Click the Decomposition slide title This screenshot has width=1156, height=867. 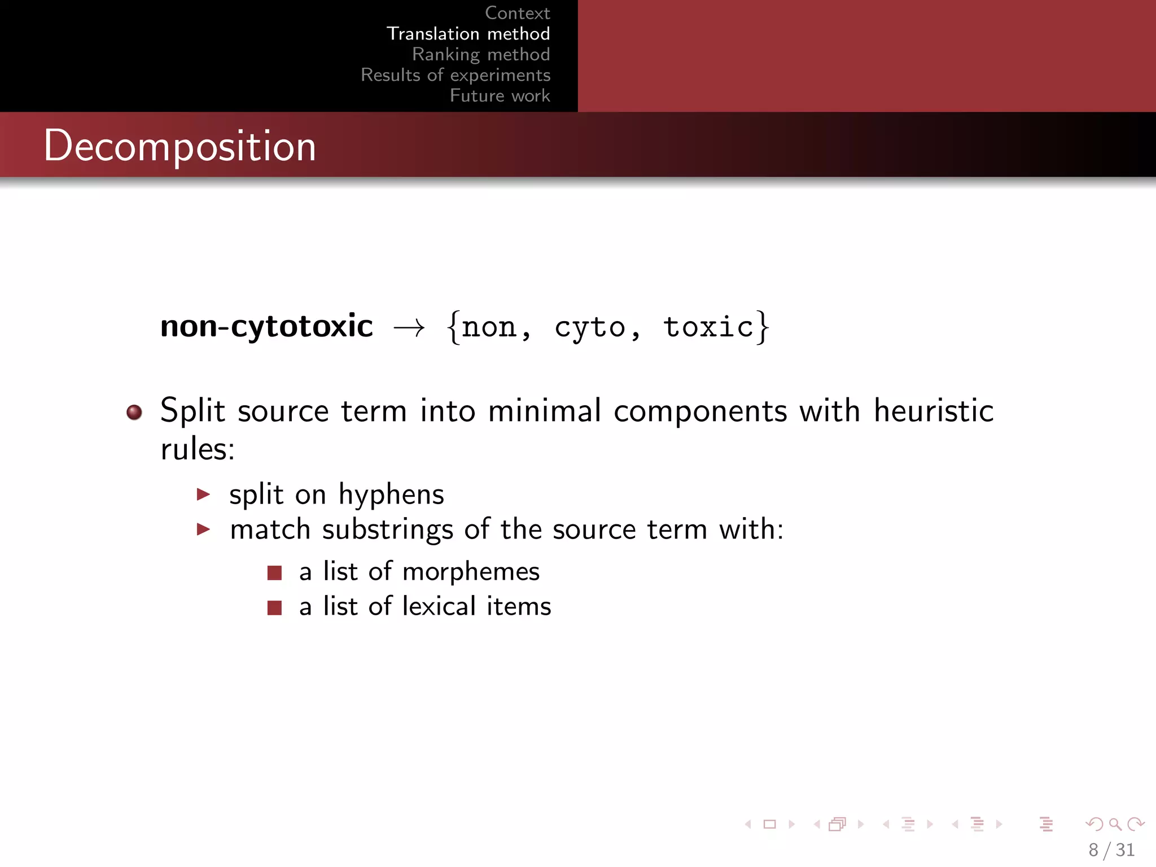click(179, 146)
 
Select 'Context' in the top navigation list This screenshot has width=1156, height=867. click(517, 13)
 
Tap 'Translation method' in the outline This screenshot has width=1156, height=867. click(468, 34)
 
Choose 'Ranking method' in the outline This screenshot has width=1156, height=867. click(481, 54)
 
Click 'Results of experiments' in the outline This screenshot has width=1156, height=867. click(456, 75)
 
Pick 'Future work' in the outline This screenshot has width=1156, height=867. click(500, 95)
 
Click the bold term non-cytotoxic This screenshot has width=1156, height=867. click(266, 326)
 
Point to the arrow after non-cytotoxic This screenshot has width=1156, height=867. click(409, 328)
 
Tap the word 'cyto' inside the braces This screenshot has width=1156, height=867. click(590, 327)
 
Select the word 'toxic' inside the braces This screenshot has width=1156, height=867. click(708, 327)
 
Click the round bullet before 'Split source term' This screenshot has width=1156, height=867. click(134, 412)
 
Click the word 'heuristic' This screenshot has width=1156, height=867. click(933, 410)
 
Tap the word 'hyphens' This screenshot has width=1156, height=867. click(391, 495)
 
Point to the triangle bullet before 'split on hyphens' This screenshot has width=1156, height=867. click(203, 494)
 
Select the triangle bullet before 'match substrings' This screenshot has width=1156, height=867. click(203, 529)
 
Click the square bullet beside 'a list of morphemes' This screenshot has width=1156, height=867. click(274, 573)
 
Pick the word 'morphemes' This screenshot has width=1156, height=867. click(471, 572)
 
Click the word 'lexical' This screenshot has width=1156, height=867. click(439, 606)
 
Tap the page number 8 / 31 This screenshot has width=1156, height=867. click(1111, 850)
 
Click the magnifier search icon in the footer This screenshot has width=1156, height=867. click(1115, 825)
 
